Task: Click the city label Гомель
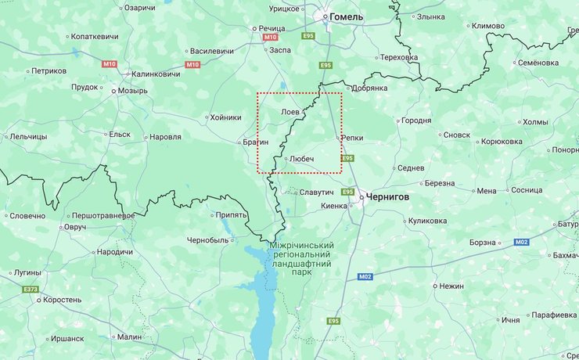[347, 16]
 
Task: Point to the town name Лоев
[289, 112]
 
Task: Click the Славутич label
[316, 192]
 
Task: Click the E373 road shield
[31, 290]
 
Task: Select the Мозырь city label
[131, 91]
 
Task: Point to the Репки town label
[352, 138]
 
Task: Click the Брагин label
[256, 142]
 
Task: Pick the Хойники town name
[225, 117]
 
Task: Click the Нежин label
[451, 286]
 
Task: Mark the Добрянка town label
[369, 88]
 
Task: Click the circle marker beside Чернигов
[361, 197]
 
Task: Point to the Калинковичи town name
[155, 74]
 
